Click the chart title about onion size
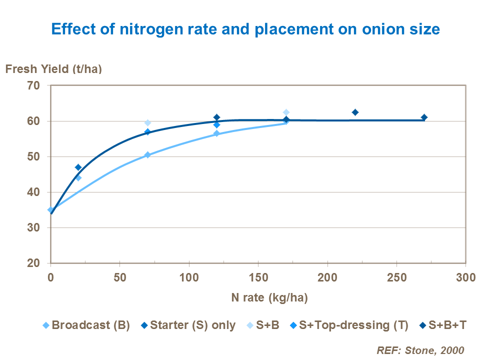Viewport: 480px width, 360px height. click(x=245, y=29)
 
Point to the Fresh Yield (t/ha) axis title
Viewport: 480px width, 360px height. click(x=53, y=69)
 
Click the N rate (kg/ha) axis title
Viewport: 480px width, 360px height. click(x=269, y=298)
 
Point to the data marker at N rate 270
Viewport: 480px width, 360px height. click(x=424, y=117)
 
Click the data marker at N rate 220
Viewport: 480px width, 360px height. click(x=355, y=112)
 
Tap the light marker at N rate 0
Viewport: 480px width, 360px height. click(x=50, y=210)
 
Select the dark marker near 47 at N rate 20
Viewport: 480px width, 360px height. click(x=78, y=167)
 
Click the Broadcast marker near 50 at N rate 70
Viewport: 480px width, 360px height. click(x=147, y=155)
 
